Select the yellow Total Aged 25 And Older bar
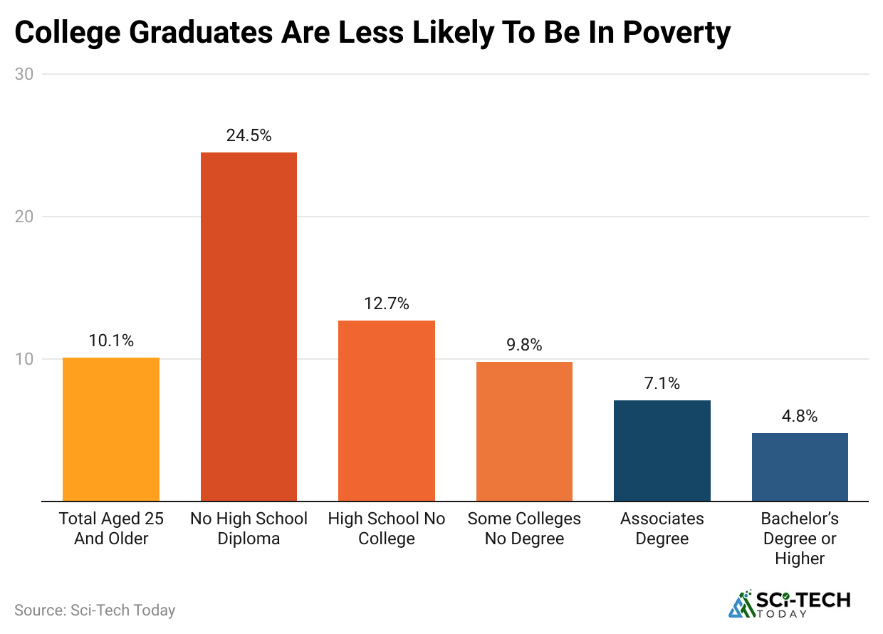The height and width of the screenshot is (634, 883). (x=111, y=429)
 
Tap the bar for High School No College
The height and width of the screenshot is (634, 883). (x=386, y=410)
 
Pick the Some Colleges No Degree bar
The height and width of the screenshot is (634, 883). (x=524, y=431)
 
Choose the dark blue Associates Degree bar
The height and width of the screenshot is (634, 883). (x=662, y=450)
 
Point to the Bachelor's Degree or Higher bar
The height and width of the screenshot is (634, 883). (x=800, y=467)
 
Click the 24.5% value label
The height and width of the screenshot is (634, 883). (x=249, y=135)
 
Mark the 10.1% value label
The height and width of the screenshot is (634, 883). (x=111, y=341)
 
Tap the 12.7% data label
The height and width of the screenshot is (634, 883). (x=386, y=303)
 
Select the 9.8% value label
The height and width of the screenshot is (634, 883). (x=524, y=345)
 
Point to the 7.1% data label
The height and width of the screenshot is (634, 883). (x=662, y=384)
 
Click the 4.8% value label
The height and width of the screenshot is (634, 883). (x=800, y=417)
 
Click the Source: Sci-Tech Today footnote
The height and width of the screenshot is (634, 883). (x=95, y=610)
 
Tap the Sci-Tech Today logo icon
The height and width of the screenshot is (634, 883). (x=741, y=604)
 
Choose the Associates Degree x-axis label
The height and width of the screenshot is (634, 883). (x=662, y=529)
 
